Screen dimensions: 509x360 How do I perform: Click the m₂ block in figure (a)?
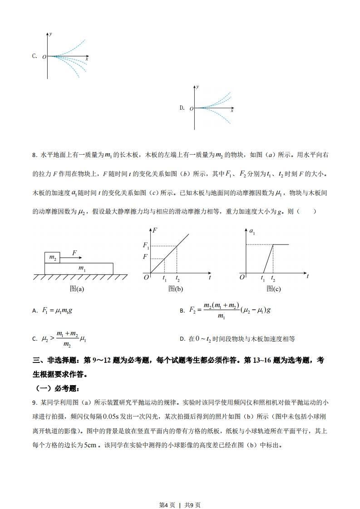(x=52, y=258)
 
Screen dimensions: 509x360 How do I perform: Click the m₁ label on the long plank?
(x=82, y=269)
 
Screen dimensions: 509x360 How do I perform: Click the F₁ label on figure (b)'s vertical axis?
(x=146, y=245)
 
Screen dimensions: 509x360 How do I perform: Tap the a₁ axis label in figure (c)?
(x=252, y=231)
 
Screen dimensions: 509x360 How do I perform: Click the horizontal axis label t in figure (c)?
(x=307, y=276)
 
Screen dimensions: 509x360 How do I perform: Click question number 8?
(x=35, y=155)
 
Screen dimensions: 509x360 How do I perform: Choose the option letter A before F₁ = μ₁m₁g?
(x=35, y=311)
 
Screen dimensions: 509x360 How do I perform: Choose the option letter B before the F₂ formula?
(x=182, y=311)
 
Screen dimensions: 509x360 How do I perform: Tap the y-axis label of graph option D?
(x=197, y=86)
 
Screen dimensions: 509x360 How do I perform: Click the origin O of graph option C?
(x=44, y=57)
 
